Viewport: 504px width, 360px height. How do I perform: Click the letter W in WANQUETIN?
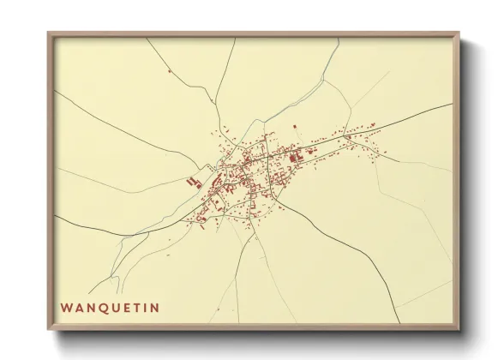click(x=66, y=307)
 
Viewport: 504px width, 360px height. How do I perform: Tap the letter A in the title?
click(x=79, y=307)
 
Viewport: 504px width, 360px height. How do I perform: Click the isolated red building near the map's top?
click(x=170, y=69)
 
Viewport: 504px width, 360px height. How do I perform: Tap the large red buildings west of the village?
click(x=191, y=181)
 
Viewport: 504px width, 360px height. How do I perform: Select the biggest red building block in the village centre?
click(x=295, y=157)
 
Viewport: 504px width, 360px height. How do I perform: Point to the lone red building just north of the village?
click(x=295, y=127)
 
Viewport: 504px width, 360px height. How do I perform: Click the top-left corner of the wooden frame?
click(x=49, y=33)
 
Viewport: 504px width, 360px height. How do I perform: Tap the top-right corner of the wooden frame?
click(x=459, y=33)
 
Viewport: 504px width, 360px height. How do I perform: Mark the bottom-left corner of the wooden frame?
click(x=49, y=329)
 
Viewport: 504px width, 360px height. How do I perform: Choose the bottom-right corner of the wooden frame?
click(x=459, y=329)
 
